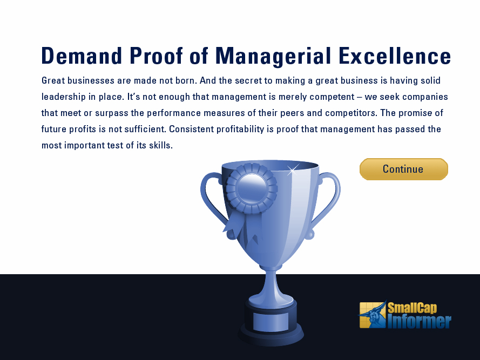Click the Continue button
pyautogui.click(x=403, y=169)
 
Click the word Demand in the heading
pyautogui.click(x=82, y=56)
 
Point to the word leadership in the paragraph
pyautogui.click(x=64, y=97)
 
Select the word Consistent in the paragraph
pyautogui.click(x=191, y=129)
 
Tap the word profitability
pyautogui.click(x=240, y=129)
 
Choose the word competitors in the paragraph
pyautogui.click(x=351, y=113)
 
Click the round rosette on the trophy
pyautogui.click(x=252, y=188)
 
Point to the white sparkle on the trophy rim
pyautogui.click(x=292, y=169)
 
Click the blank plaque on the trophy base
pyautogui.click(x=271, y=322)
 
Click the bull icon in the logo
pyautogui.click(x=373, y=315)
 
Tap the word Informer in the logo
pyautogui.click(x=420, y=322)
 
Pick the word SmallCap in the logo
pyautogui.click(x=413, y=308)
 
